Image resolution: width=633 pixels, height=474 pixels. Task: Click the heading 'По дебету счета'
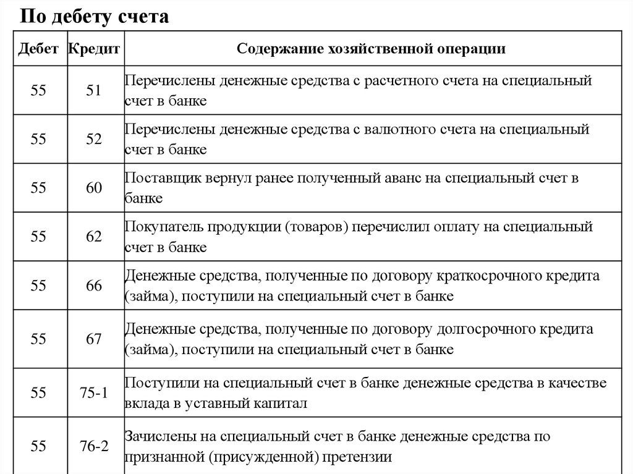(x=95, y=17)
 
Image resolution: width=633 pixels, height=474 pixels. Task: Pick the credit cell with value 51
(x=94, y=90)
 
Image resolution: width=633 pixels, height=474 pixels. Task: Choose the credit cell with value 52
(x=94, y=139)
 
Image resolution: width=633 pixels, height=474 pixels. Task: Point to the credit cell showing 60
(x=94, y=188)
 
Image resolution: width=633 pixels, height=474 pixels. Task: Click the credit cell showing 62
(x=94, y=237)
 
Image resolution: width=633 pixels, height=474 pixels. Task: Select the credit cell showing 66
(x=94, y=286)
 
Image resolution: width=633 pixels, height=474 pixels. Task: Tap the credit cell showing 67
(x=94, y=339)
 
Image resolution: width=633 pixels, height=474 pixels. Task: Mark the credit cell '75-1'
(x=94, y=393)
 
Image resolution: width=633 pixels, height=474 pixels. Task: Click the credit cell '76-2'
(x=94, y=446)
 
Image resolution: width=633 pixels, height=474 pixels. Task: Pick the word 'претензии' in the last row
(x=363, y=458)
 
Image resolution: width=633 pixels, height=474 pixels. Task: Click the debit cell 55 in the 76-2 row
(x=38, y=446)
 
